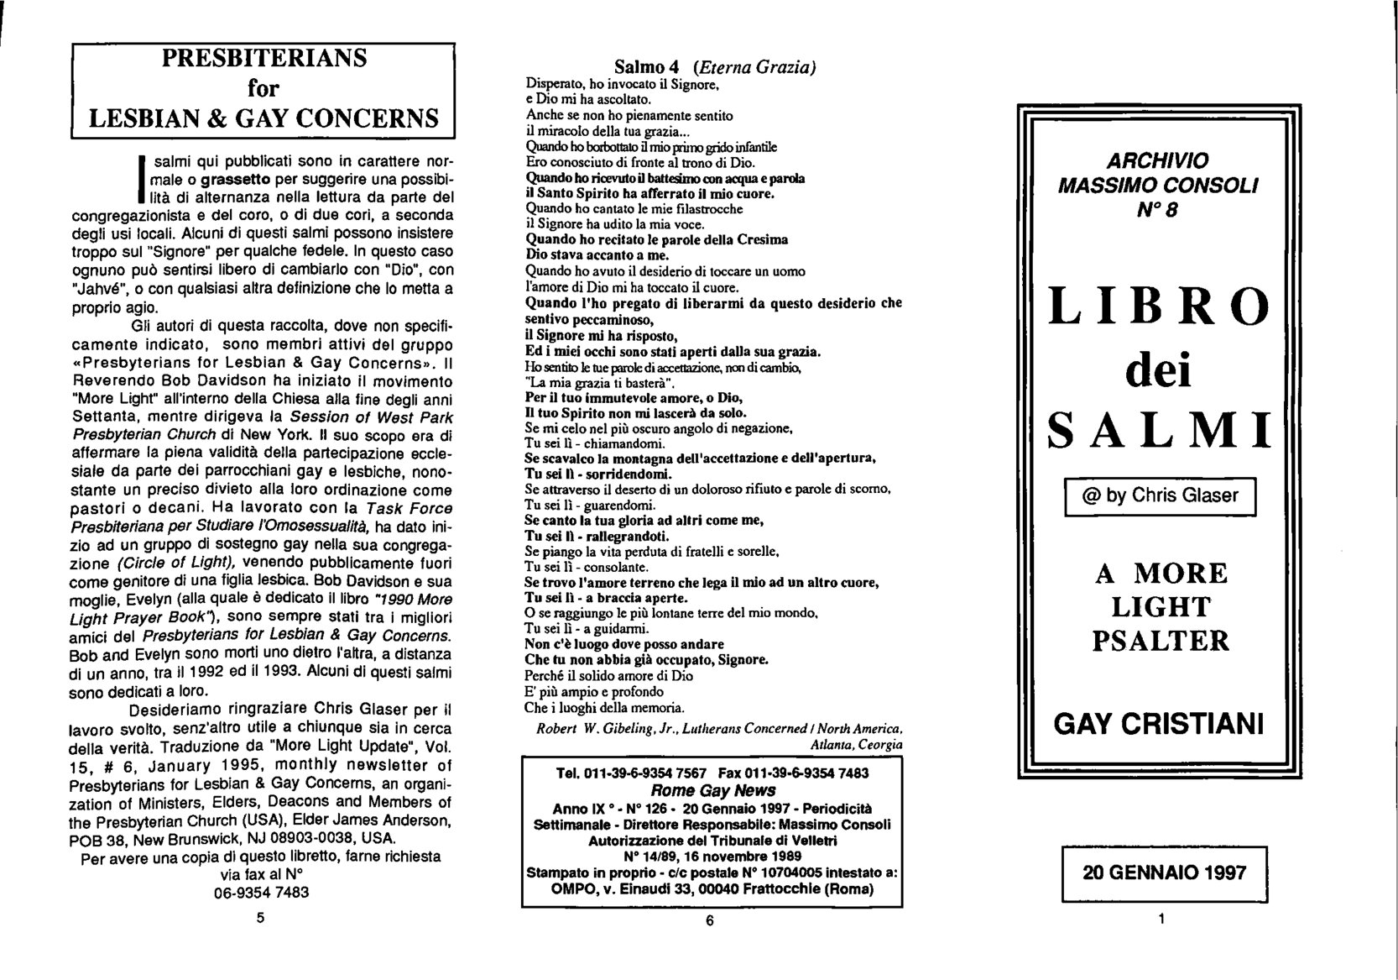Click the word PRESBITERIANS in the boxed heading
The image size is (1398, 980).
tap(264, 60)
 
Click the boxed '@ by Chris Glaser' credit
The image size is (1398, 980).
tap(1161, 495)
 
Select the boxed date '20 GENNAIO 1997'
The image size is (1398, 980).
tap(1164, 873)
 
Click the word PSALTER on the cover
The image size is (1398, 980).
tap(1161, 641)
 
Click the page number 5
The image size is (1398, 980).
tap(260, 918)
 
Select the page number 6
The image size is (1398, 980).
tap(709, 920)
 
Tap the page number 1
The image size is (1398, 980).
tap(1161, 919)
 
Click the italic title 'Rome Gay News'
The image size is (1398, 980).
tap(712, 790)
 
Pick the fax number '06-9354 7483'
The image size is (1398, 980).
tap(261, 893)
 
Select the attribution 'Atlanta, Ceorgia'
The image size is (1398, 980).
tap(856, 744)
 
